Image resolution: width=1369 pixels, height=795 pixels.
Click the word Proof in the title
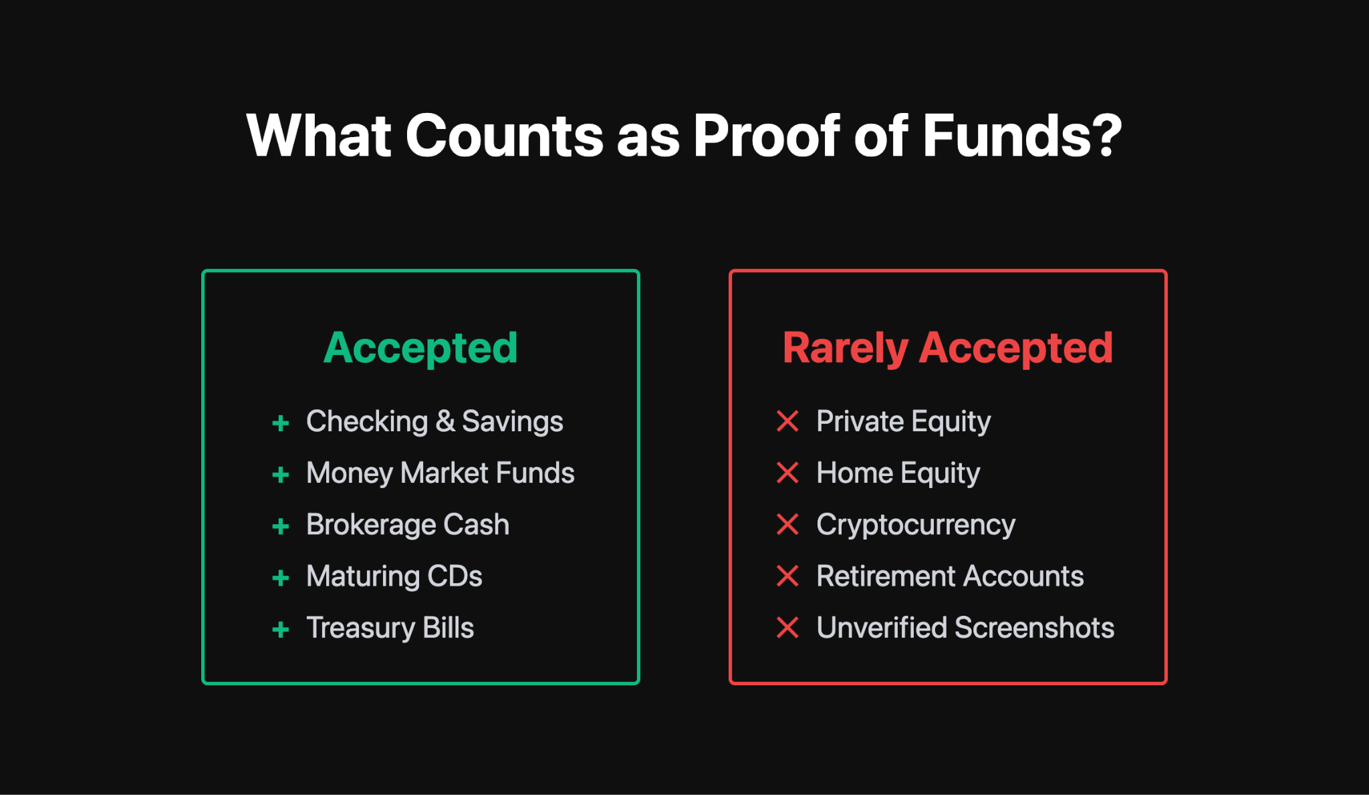coord(767,136)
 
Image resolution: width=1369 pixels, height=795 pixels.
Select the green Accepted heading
coord(420,348)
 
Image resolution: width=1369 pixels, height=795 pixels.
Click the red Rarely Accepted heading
coord(947,348)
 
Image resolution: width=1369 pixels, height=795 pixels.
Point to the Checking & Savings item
coord(434,421)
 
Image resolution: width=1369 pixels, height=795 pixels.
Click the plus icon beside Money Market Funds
coord(281,475)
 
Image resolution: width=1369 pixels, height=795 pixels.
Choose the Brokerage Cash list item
coord(408,525)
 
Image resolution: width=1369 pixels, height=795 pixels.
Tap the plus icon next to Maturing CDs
coord(281,578)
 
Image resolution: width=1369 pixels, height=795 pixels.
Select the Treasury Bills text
coord(390,628)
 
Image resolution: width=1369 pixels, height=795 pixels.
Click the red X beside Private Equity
coord(787,421)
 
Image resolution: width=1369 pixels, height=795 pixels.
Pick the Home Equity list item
coord(898,473)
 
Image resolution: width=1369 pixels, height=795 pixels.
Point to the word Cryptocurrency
coord(916,525)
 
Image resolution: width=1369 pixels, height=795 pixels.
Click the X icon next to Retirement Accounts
coord(787,576)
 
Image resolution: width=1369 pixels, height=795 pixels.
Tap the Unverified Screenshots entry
coord(965,628)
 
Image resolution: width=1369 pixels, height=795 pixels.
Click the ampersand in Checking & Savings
coord(445,421)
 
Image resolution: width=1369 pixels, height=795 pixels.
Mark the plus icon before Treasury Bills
coord(281,629)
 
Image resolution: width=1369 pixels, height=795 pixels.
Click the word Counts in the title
coord(504,136)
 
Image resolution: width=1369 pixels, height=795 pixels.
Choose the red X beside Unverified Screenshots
coord(787,627)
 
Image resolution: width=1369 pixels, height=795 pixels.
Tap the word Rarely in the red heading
coord(845,348)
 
